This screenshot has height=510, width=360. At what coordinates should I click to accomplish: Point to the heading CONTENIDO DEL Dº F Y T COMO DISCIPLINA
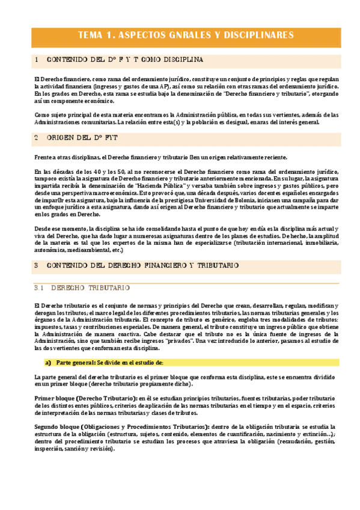(x=124, y=60)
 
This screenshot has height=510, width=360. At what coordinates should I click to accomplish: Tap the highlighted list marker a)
(x=48, y=363)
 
